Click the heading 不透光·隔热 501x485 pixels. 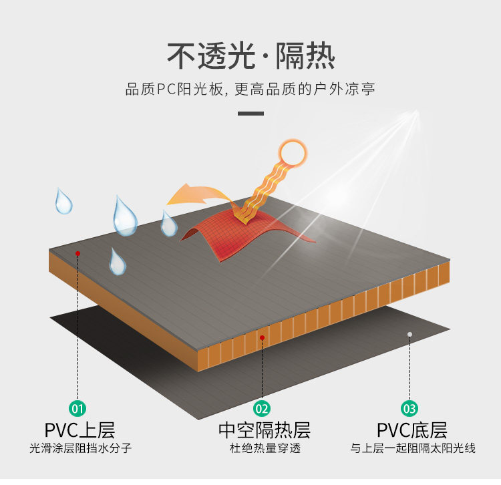(x=251, y=56)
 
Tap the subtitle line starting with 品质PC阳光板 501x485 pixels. (x=251, y=90)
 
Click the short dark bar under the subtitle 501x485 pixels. (x=251, y=114)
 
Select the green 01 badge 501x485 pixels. (x=78, y=408)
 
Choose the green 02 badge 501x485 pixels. (x=262, y=408)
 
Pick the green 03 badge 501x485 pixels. (x=409, y=408)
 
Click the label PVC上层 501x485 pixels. (x=79, y=430)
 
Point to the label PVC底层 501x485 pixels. (x=411, y=430)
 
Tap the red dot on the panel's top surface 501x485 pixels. (x=78, y=253)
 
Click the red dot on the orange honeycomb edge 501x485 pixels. (x=263, y=339)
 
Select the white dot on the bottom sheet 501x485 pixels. (x=409, y=333)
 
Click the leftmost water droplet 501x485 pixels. (x=64, y=201)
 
